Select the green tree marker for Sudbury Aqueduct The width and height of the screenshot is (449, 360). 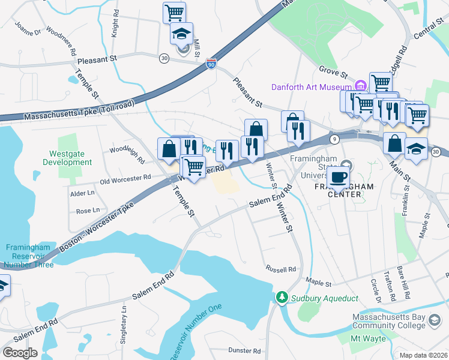pos(281,298)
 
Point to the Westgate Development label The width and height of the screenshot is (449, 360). pos(67,158)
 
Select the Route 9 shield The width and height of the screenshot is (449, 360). pos(334,139)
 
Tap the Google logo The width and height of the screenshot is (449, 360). pos(20,353)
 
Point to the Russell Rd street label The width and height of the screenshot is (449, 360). pos(281,269)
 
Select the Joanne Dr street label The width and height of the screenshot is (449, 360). pos(28,28)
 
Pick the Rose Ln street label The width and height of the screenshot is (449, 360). pos(88,211)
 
